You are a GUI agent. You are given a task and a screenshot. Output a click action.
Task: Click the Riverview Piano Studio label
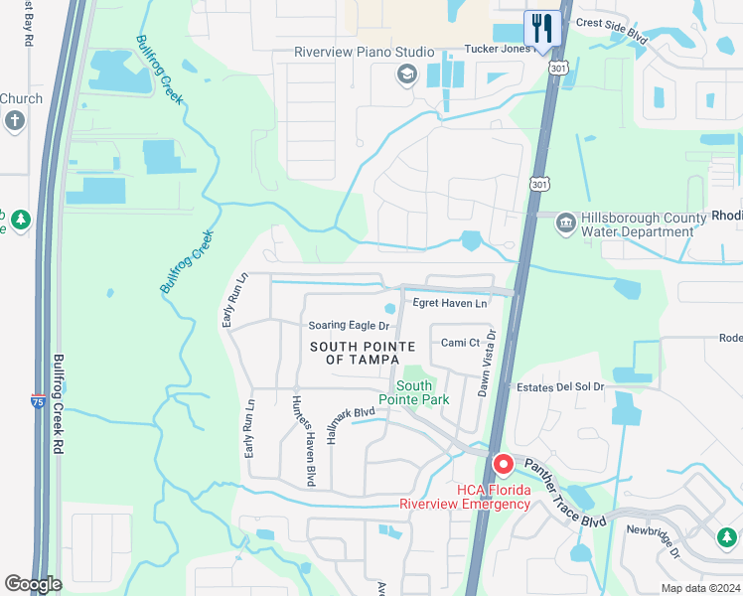click(364, 52)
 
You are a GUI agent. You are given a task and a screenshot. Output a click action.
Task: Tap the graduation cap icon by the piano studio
click(405, 74)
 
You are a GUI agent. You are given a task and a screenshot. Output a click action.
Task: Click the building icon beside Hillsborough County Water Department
click(565, 221)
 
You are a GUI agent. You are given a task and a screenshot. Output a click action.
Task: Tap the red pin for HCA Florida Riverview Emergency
click(504, 465)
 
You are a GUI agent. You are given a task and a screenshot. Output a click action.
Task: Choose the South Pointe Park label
click(422, 392)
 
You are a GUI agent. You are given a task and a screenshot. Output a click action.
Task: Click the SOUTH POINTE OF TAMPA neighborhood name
click(362, 353)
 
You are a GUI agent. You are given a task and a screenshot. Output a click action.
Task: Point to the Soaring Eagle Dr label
click(348, 325)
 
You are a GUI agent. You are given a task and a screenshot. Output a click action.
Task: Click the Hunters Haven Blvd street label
click(303, 441)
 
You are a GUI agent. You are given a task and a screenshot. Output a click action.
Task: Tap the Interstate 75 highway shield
click(37, 402)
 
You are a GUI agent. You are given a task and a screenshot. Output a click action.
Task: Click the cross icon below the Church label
click(14, 121)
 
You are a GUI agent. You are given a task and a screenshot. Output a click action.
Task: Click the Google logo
click(33, 584)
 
